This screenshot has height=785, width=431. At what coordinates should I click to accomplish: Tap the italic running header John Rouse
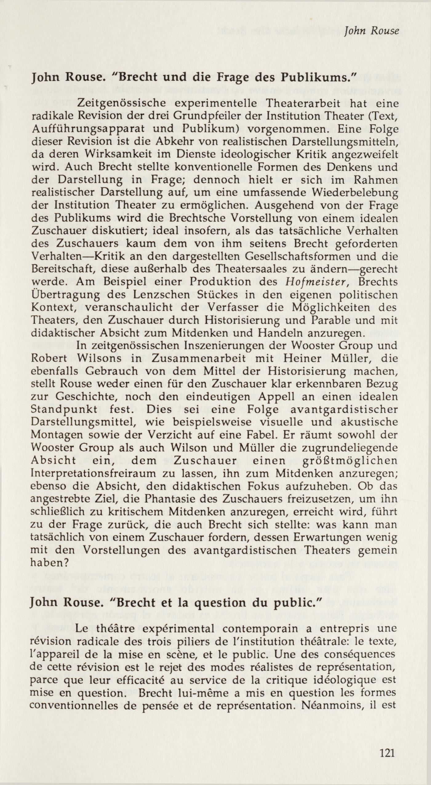pos(372,31)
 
